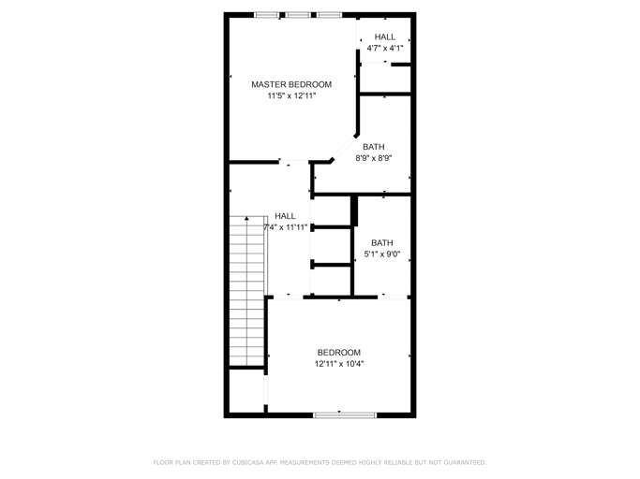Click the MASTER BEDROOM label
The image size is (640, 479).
(x=290, y=84)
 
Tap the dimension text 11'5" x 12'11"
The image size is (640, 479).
(x=290, y=95)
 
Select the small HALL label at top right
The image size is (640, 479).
(x=384, y=36)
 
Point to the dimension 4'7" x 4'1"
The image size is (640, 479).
(x=384, y=48)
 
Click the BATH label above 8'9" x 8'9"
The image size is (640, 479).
(x=373, y=147)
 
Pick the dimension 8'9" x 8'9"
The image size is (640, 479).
(x=373, y=158)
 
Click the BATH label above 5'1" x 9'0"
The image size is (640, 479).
(x=381, y=242)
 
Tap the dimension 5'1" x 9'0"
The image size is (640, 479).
(x=381, y=254)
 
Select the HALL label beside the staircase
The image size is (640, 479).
(x=285, y=216)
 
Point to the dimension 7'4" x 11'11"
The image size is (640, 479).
(x=285, y=227)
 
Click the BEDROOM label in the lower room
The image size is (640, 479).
(x=338, y=353)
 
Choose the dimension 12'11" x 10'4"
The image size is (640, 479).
(x=338, y=364)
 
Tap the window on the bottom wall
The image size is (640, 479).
(x=345, y=414)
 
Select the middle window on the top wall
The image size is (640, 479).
(x=298, y=15)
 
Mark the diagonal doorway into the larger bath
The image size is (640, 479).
(x=343, y=148)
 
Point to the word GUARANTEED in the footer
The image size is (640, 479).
(x=462, y=462)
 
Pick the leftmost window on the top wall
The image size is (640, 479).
(x=267, y=15)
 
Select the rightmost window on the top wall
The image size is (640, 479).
(x=329, y=15)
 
